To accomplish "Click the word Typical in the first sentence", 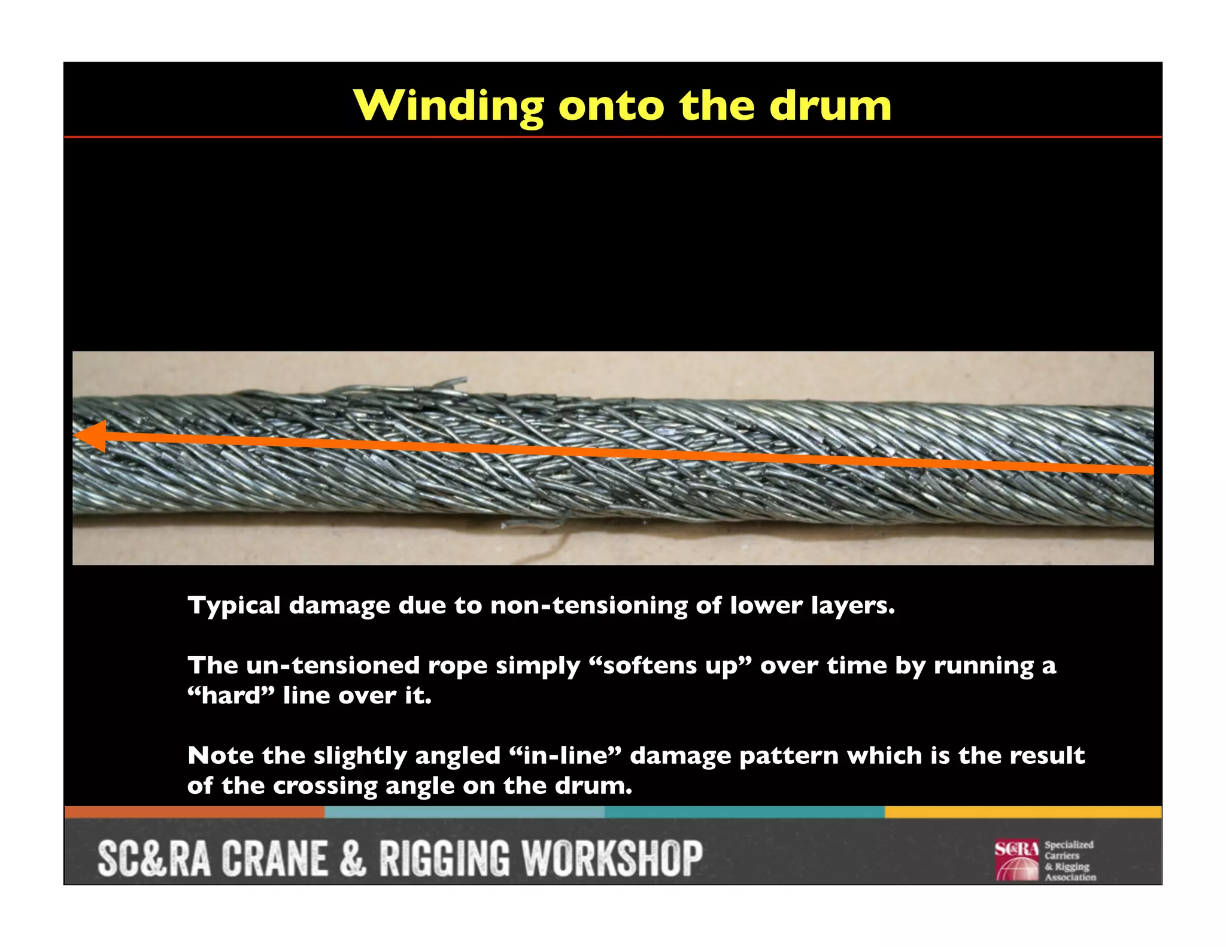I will [x=234, y=606].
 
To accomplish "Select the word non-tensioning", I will [x=588, y=606].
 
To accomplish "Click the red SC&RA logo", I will [x=1016, y=861].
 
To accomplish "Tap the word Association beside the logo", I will [x=1070, y=878].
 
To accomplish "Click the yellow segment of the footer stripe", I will [x=1022, y=812].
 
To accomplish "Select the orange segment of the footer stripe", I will [x=195, y=812].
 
